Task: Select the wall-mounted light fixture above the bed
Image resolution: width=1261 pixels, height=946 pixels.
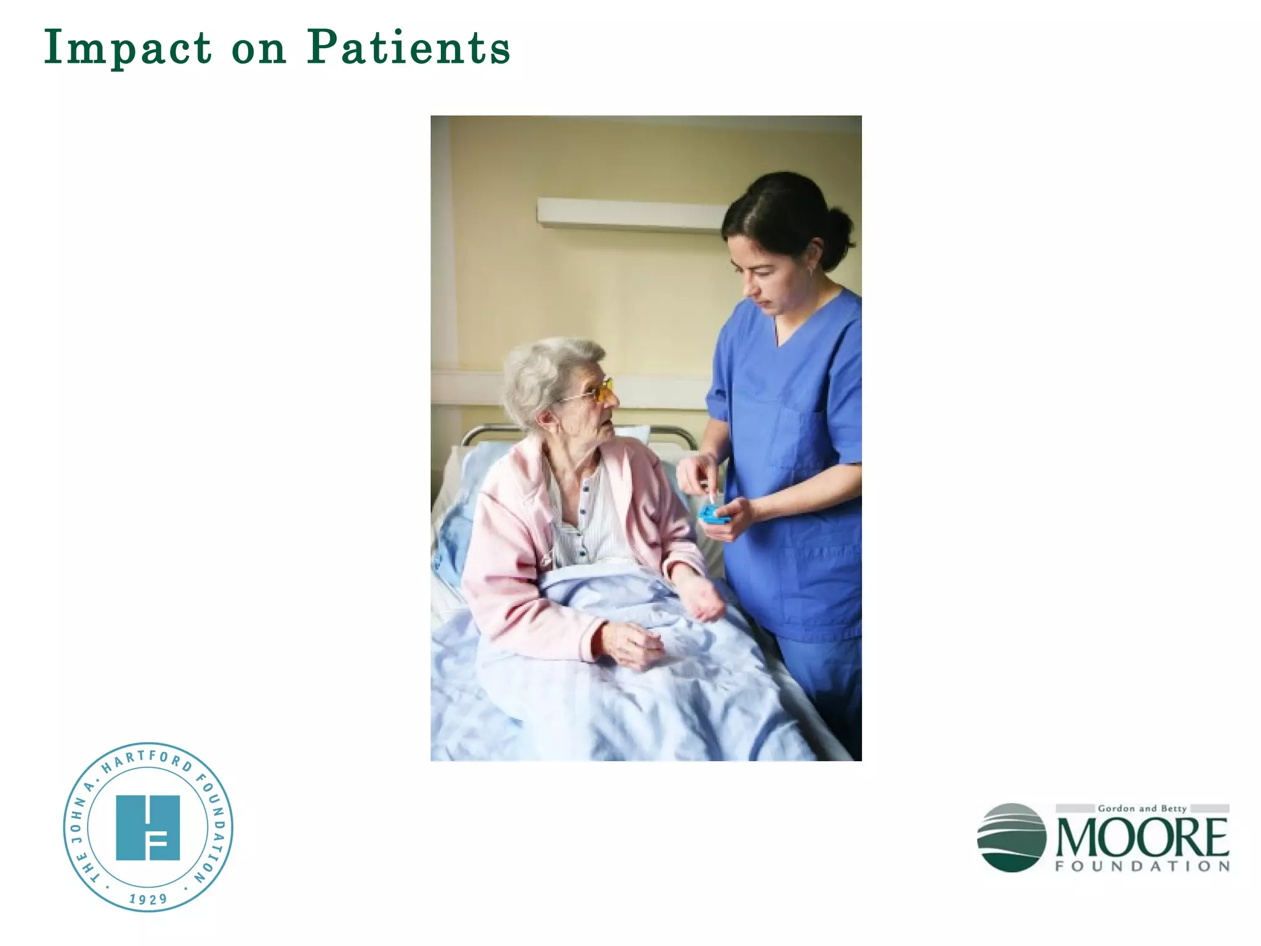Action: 631,214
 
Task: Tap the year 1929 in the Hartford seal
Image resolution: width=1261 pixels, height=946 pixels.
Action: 148,899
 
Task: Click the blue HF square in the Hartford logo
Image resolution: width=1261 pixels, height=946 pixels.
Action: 148,827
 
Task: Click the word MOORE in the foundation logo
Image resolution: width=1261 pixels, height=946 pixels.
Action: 1142,838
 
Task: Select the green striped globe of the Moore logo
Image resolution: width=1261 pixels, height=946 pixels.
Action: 1011,837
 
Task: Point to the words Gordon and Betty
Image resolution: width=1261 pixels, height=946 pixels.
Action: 1142,808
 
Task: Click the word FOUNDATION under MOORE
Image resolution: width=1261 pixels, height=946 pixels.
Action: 1142,867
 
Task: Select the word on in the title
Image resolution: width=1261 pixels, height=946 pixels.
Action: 259,49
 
